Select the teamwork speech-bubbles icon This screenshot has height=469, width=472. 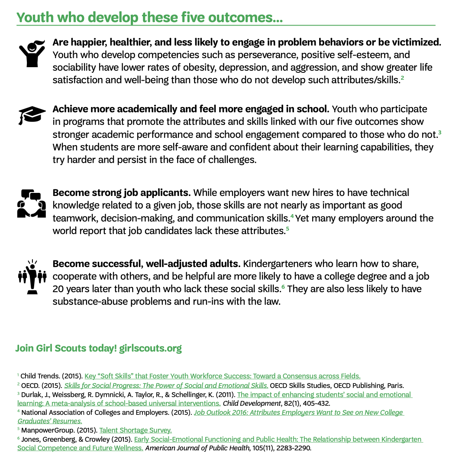tap(31, 203)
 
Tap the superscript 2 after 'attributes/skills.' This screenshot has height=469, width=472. tap(402, 78)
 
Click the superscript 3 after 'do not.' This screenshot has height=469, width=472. tap(440, 132)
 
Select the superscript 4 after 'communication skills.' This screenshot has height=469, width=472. tap(292, 216)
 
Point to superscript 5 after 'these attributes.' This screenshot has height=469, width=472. tap(287, 229)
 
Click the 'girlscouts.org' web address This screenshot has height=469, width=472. tap(150, 348)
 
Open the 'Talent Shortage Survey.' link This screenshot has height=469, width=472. tap(136, 430)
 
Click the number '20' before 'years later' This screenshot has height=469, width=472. tap(58, 289)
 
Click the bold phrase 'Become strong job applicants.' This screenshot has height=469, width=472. tap(122, 192)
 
